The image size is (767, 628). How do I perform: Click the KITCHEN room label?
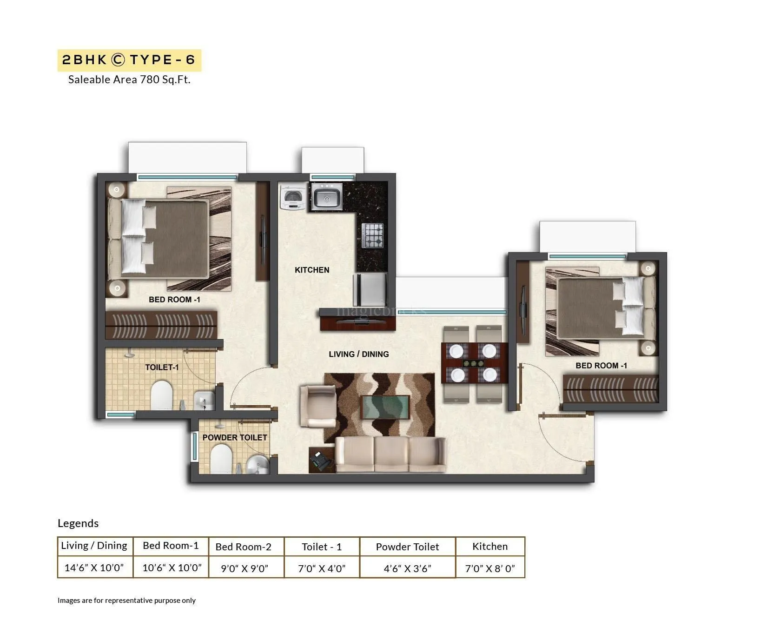[312, 270]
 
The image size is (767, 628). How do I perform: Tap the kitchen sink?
[327, 196]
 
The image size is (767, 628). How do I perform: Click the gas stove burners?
[373, 235]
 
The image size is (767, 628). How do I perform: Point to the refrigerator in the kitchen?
[370, 289]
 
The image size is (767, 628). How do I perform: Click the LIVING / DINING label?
[358, 354]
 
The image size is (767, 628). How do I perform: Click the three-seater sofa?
[390, 454]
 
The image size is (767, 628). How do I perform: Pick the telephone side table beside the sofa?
[322, 460]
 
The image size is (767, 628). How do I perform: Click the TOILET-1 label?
[162, 367]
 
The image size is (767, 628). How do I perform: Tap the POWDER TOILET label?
[235, 438]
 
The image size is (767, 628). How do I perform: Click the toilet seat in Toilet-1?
[162, 395]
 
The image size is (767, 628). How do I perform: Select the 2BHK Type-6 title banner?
[129, 60]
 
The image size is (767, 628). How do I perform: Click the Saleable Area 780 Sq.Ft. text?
[129, 80]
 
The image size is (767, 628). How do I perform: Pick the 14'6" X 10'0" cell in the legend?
[94, 568]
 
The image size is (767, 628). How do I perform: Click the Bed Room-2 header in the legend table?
[243, 547]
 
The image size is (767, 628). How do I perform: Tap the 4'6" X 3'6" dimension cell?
[407, 568]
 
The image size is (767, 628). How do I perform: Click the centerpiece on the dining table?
[474, 363]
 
